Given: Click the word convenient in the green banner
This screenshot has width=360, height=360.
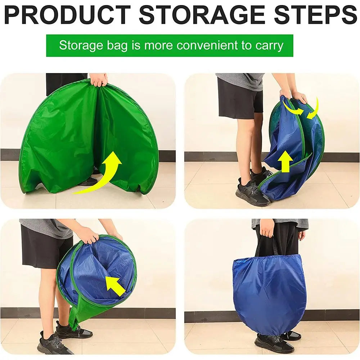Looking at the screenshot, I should (207, 46).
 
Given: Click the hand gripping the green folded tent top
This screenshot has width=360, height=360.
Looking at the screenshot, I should (99, 79).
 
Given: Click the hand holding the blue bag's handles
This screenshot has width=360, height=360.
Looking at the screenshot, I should (267, 228).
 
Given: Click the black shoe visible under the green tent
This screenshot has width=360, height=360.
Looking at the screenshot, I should (88, 181).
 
